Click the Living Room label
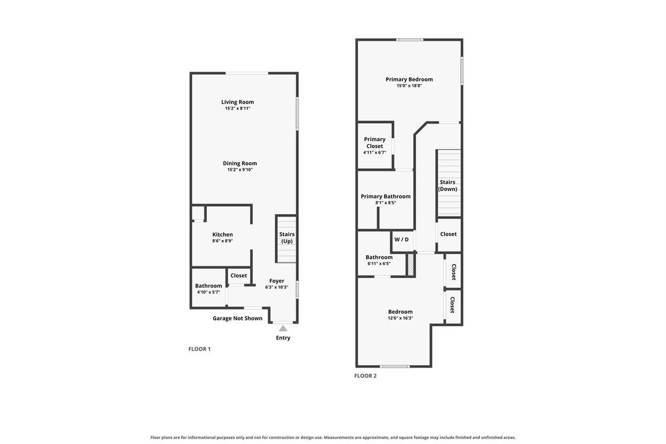(x=237, y=102)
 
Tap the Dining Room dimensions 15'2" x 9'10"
(x=240, y=170)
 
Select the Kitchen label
(x=222, y=234)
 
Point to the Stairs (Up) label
(x=286, y=238)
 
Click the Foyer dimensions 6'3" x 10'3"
(x=277, y=287)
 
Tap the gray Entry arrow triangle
(x=283, y=328)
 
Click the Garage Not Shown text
(x=237, y=318)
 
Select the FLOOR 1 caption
(x=200, y=349)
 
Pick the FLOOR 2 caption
(x=365, y=376)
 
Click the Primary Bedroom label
(x=409, y=80)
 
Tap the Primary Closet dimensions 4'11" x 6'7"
(x=375, y=152)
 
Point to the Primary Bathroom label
(x=386, y=197)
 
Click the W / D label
(x=401, y=239)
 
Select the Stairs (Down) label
(x=448, y=186)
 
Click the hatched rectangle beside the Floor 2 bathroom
(x=411, y=265)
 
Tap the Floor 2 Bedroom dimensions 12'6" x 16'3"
(x=400, y=318)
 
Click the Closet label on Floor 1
(x=238, y=276)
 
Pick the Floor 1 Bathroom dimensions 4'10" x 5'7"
(x=209, y=292)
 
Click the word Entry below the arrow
(x=283, y=338)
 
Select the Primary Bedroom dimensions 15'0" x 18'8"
(x=409, y=86)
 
